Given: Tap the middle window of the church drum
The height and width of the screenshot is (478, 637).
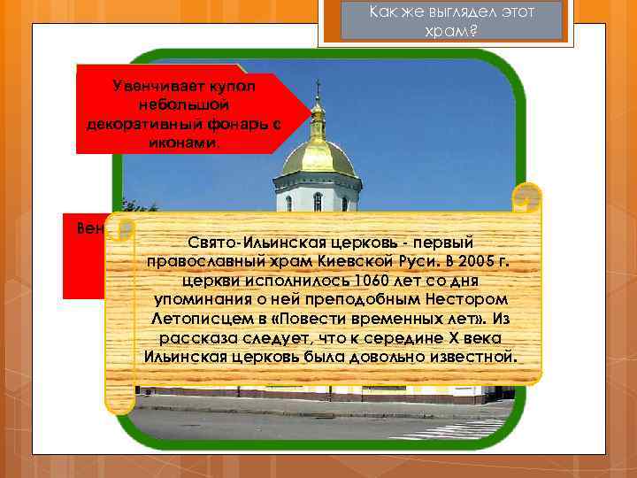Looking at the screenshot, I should click(318, 201).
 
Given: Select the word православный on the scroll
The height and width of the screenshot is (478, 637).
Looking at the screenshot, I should click(203, 260).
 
